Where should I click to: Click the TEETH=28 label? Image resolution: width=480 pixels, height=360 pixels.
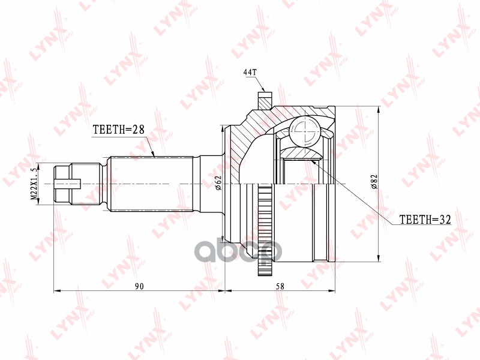coord(119,129)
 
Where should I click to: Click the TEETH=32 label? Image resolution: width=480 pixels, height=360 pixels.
coord(424,220)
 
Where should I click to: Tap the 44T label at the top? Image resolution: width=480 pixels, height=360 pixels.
coord(250,73)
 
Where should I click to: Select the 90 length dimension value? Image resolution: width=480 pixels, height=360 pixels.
coord(139,286)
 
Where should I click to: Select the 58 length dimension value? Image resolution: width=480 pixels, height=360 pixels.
coord(280,286)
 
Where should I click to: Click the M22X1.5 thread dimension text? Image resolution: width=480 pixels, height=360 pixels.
coord(35,183)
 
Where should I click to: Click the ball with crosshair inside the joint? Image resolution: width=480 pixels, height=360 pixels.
coord(305,131)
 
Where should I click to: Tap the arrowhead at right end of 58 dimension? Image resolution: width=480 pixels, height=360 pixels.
coord(333,291)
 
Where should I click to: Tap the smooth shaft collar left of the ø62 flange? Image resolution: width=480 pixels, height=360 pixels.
coord(210,182)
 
